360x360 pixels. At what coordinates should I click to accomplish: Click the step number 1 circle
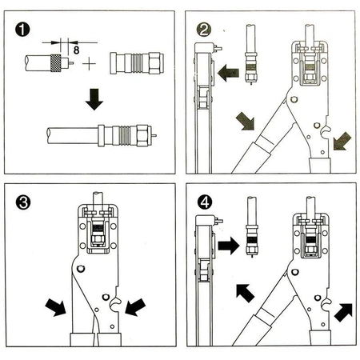point(22,30)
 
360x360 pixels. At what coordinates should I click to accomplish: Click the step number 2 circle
point(204,30)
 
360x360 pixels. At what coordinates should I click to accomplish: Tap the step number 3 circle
point(23,202)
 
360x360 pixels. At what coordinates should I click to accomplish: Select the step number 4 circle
point(205,202)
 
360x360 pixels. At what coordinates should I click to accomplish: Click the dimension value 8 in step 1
point(76,50)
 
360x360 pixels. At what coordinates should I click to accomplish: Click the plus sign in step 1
point(89,64)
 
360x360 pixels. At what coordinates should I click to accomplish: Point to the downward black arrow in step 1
point(94,99)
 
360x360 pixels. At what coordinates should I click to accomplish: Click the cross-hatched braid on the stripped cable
point(56,63)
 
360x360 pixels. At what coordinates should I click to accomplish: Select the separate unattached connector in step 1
point(137,63)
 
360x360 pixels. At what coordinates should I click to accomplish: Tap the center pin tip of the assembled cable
point(155,135)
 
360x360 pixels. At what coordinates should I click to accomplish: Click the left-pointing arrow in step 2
point(228,73)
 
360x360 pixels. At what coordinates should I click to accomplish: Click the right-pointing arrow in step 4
point(229,246)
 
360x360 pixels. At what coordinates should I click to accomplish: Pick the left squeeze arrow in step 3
point(56,307)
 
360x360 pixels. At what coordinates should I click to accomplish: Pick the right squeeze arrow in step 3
point(135,307)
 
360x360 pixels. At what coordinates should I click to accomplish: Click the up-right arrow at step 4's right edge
point(344,312)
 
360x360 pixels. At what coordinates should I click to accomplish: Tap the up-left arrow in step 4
point(245,293)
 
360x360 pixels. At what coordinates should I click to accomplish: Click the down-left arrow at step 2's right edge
point(342,141)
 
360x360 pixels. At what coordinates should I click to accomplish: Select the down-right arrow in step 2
point(246,121)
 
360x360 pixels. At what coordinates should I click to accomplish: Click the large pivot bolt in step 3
point(81,269)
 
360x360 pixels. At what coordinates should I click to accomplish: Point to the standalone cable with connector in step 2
point(251,54)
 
